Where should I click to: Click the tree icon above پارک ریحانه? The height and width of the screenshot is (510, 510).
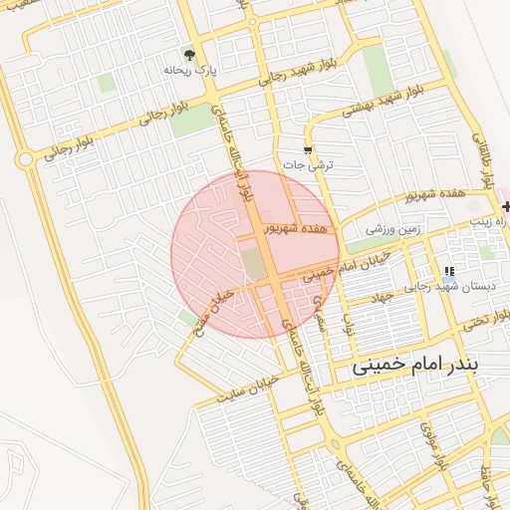189,54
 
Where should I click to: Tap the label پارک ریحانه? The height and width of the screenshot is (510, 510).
190,71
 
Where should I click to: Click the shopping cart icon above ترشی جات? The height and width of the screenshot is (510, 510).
308,149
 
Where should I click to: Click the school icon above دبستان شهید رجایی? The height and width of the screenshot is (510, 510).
449,270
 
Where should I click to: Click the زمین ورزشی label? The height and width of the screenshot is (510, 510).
395,229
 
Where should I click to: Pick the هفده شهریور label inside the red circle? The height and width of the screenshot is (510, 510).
295,228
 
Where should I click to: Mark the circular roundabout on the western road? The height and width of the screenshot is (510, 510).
24,159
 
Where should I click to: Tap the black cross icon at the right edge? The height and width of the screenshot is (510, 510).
507,207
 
